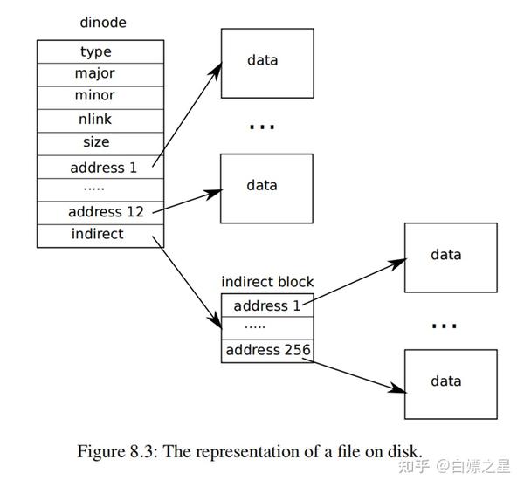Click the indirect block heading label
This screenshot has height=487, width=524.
tap(267, 282)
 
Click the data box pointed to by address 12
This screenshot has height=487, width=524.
tap(265, 186)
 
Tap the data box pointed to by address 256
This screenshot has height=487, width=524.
tap(450, 382)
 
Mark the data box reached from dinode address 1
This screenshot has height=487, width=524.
tap(265, 60)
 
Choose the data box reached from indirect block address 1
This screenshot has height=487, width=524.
tap(450, 256)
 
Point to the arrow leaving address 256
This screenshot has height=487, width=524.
tap(358, 372)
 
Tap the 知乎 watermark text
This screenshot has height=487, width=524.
tap(415, 465)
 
